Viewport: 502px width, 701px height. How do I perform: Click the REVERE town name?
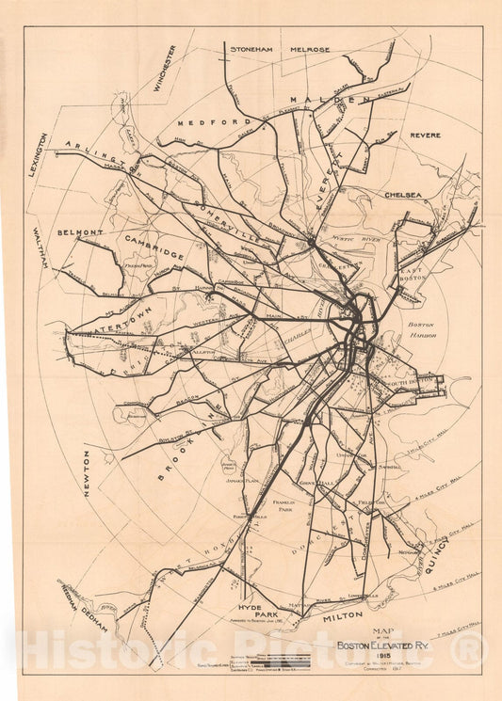pyautogui.click(x=425, y=135)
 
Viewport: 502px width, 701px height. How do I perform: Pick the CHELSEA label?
pyautogui.click(x=403, y=195)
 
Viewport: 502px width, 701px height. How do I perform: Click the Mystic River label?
pyautogui.click(x=356, y=240)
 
